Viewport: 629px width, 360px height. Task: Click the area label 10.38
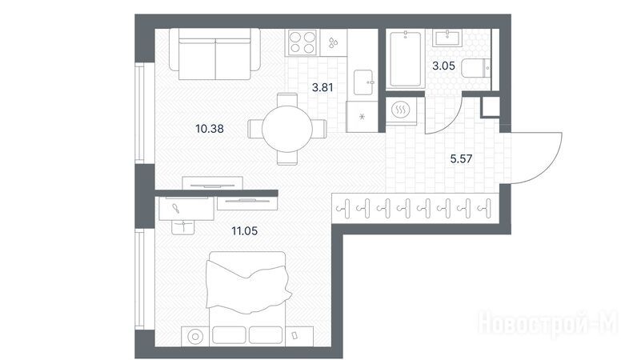pyautogui.click(x=210, y=129)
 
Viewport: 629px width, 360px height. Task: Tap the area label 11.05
pyautogui.click(x=244, y=231)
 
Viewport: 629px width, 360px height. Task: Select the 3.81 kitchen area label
pyautogui.click(x=323, y=87)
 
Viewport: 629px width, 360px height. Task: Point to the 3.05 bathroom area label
pyautogui.click(x=443, y=66)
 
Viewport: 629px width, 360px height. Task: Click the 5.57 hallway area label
pyautogui.click(x=461, y=158)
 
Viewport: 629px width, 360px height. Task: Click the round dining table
pyautogui.click(x=287, y=129)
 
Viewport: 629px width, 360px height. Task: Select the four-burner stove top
pyautogui.click(x=302, y=42)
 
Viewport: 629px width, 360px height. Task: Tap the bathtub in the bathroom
pyautogui.click(x=405, y=58)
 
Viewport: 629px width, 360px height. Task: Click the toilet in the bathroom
pyautogui.click(x=476, y=68)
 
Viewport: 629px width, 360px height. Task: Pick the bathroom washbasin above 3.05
pyautogui.click(x=447, y=38)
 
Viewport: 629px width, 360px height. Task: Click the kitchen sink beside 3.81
pyautogui.click(x=363, y=82)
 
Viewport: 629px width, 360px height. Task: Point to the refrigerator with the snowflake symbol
pyautogui.click(x=363, y=117)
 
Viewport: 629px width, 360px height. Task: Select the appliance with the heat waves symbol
pyautogui.click(x=401, y=110)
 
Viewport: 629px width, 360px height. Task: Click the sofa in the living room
pyautogui.click(x=215, y=54)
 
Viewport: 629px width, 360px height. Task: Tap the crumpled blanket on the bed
pyautogui.click(x=248, y=286)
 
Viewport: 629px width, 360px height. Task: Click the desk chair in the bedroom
pyautogui.click(x=183, y=227)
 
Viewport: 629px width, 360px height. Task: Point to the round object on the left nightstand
pyautogui.click(x=195, y=336)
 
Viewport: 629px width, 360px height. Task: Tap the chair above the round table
pyautogui.click(x=287, y=99)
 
